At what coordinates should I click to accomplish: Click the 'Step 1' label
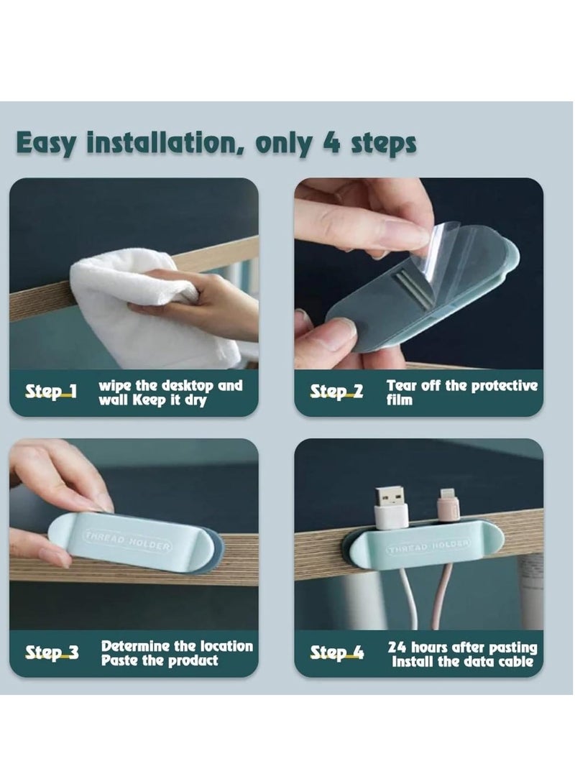click(x=52, y=392)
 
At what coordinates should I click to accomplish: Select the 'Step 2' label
click(x=336, y=392)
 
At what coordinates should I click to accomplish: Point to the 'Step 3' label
click(x=52, y=652)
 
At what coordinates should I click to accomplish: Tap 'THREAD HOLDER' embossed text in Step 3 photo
click(x=127, y=540)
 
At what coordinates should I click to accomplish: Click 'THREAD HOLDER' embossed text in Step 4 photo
click(x=428, y=546)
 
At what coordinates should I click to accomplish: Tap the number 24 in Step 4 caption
click(x=397, y=647)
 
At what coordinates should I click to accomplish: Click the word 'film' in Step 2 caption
click(x=399, y=400)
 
